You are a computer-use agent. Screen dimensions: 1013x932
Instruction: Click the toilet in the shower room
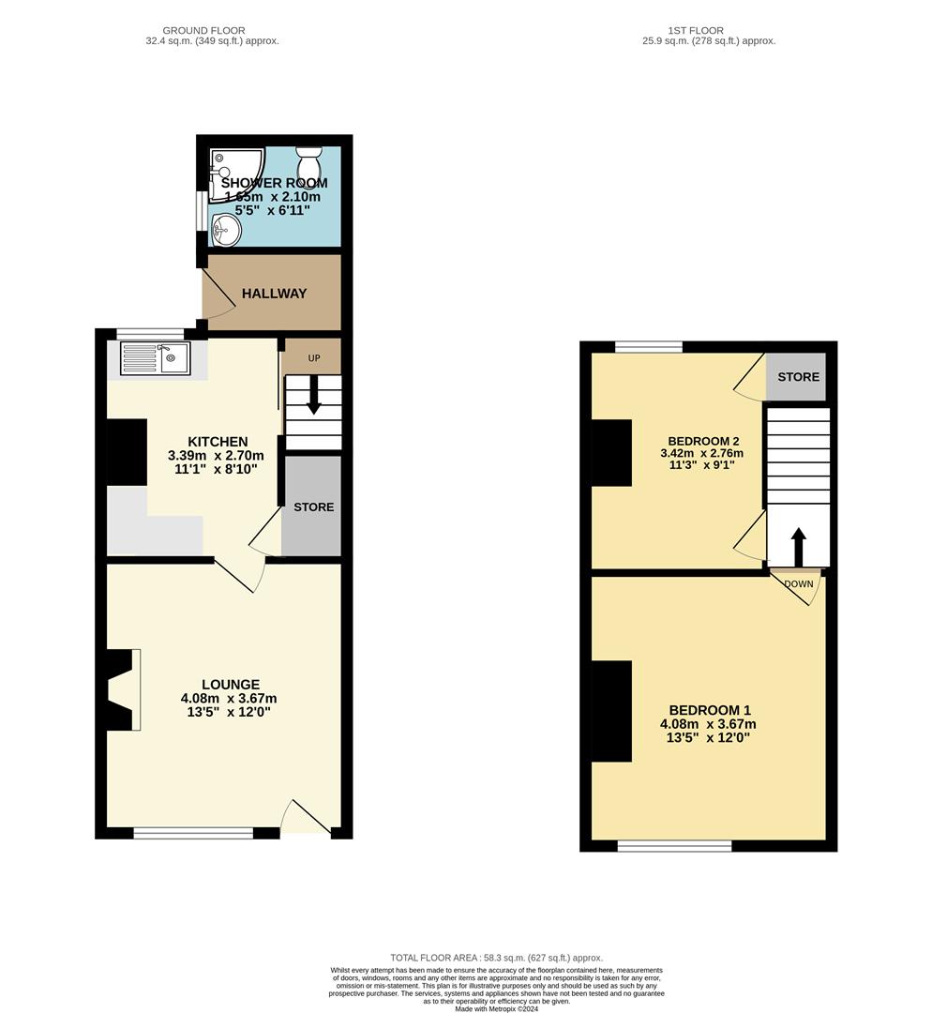pos(308,155)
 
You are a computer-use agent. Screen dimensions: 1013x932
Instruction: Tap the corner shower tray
pos(225,173)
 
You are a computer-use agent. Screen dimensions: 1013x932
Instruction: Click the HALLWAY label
pos(275,294)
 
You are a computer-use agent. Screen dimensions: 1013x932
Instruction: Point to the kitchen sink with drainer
pos(155,358)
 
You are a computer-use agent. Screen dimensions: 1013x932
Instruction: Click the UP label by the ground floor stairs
pos(313,358)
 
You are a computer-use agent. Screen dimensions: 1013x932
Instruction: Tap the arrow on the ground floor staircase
pos(313,395)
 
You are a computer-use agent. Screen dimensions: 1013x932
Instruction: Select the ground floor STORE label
pos(313,507)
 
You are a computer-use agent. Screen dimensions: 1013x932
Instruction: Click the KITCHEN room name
pos(218,442)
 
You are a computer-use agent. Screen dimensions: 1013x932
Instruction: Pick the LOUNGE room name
pos(230,685)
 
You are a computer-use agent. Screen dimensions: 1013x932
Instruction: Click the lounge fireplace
pos(122,689)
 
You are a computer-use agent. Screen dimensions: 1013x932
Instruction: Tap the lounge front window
pos(193,832)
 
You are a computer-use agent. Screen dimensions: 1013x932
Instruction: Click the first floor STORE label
pos(798,377)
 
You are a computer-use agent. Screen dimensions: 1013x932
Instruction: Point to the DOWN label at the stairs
pos(799,584)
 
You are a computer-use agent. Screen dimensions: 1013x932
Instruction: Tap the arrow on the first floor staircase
pos(798,545)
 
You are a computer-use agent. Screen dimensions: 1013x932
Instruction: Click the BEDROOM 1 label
pos(709,710)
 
